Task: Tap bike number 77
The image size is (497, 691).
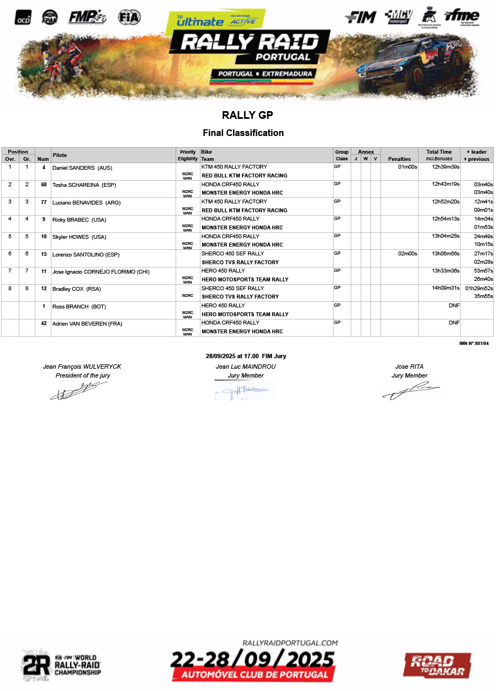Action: (43, 202)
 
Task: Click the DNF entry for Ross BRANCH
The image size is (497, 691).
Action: (454, 305)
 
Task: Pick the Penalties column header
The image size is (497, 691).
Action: (399, 159)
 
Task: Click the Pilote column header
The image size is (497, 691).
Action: (60, 155)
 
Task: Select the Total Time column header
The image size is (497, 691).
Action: (439, 152)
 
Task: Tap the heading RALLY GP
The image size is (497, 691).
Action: (247, 116)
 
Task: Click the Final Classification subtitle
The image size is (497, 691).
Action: (243, 133)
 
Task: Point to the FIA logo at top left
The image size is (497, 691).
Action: (129, 17)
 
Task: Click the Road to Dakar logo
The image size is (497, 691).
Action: (437, 665)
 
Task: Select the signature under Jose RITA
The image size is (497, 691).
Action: (410, 391)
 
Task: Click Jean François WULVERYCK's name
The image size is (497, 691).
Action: (82, 367)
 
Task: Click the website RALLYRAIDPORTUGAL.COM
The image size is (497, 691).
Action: (290, 643)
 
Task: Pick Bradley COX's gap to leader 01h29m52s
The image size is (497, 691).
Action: (479, 288)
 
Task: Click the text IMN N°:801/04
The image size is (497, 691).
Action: (474, 343)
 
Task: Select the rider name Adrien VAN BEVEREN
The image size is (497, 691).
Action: (87, 323)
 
